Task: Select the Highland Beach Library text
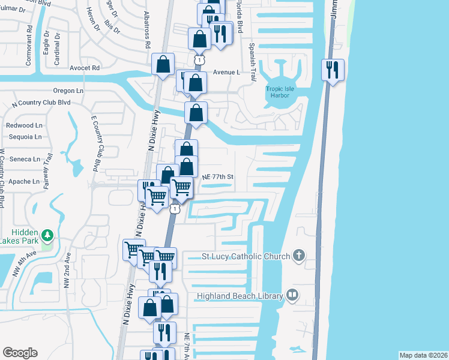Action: point(240,296)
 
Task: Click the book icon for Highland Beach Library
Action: point(292,295)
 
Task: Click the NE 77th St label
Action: point(217,177)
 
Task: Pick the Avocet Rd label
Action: point(84,68)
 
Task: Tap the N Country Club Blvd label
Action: point(41,103)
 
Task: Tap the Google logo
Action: point(20,353)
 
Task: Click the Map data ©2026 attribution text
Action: point(423,355)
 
